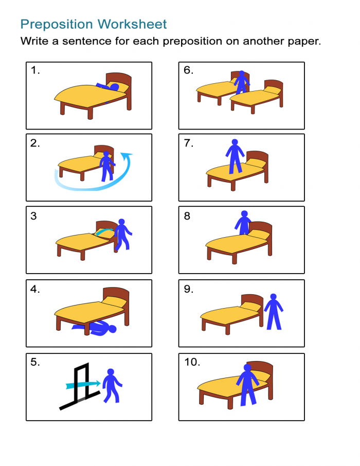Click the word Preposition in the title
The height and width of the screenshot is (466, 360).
57,24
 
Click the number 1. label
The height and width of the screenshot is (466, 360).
35,70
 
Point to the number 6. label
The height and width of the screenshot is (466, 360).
188,70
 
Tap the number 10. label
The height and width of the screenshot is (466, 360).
192,362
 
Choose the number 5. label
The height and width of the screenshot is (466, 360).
35,362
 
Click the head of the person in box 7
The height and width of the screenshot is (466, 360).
235,142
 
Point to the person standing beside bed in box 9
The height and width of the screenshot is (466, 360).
274,312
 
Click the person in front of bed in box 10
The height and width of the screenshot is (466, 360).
247,383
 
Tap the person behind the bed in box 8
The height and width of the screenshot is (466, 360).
243,222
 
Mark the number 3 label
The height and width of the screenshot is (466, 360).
33,216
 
